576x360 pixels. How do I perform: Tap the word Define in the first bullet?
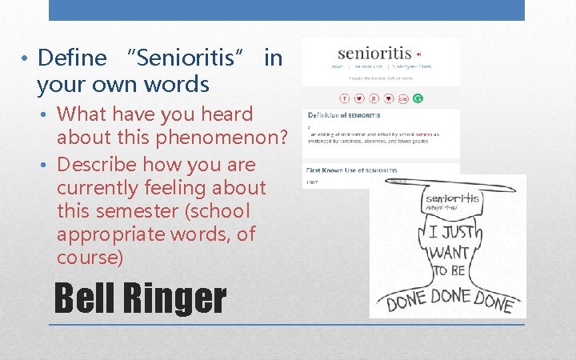72,58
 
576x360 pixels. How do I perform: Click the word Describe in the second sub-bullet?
103,165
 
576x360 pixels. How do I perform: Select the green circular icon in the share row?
418,98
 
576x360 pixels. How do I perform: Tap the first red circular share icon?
345,98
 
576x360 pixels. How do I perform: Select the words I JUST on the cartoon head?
452,233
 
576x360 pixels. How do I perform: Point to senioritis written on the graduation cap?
452,198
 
